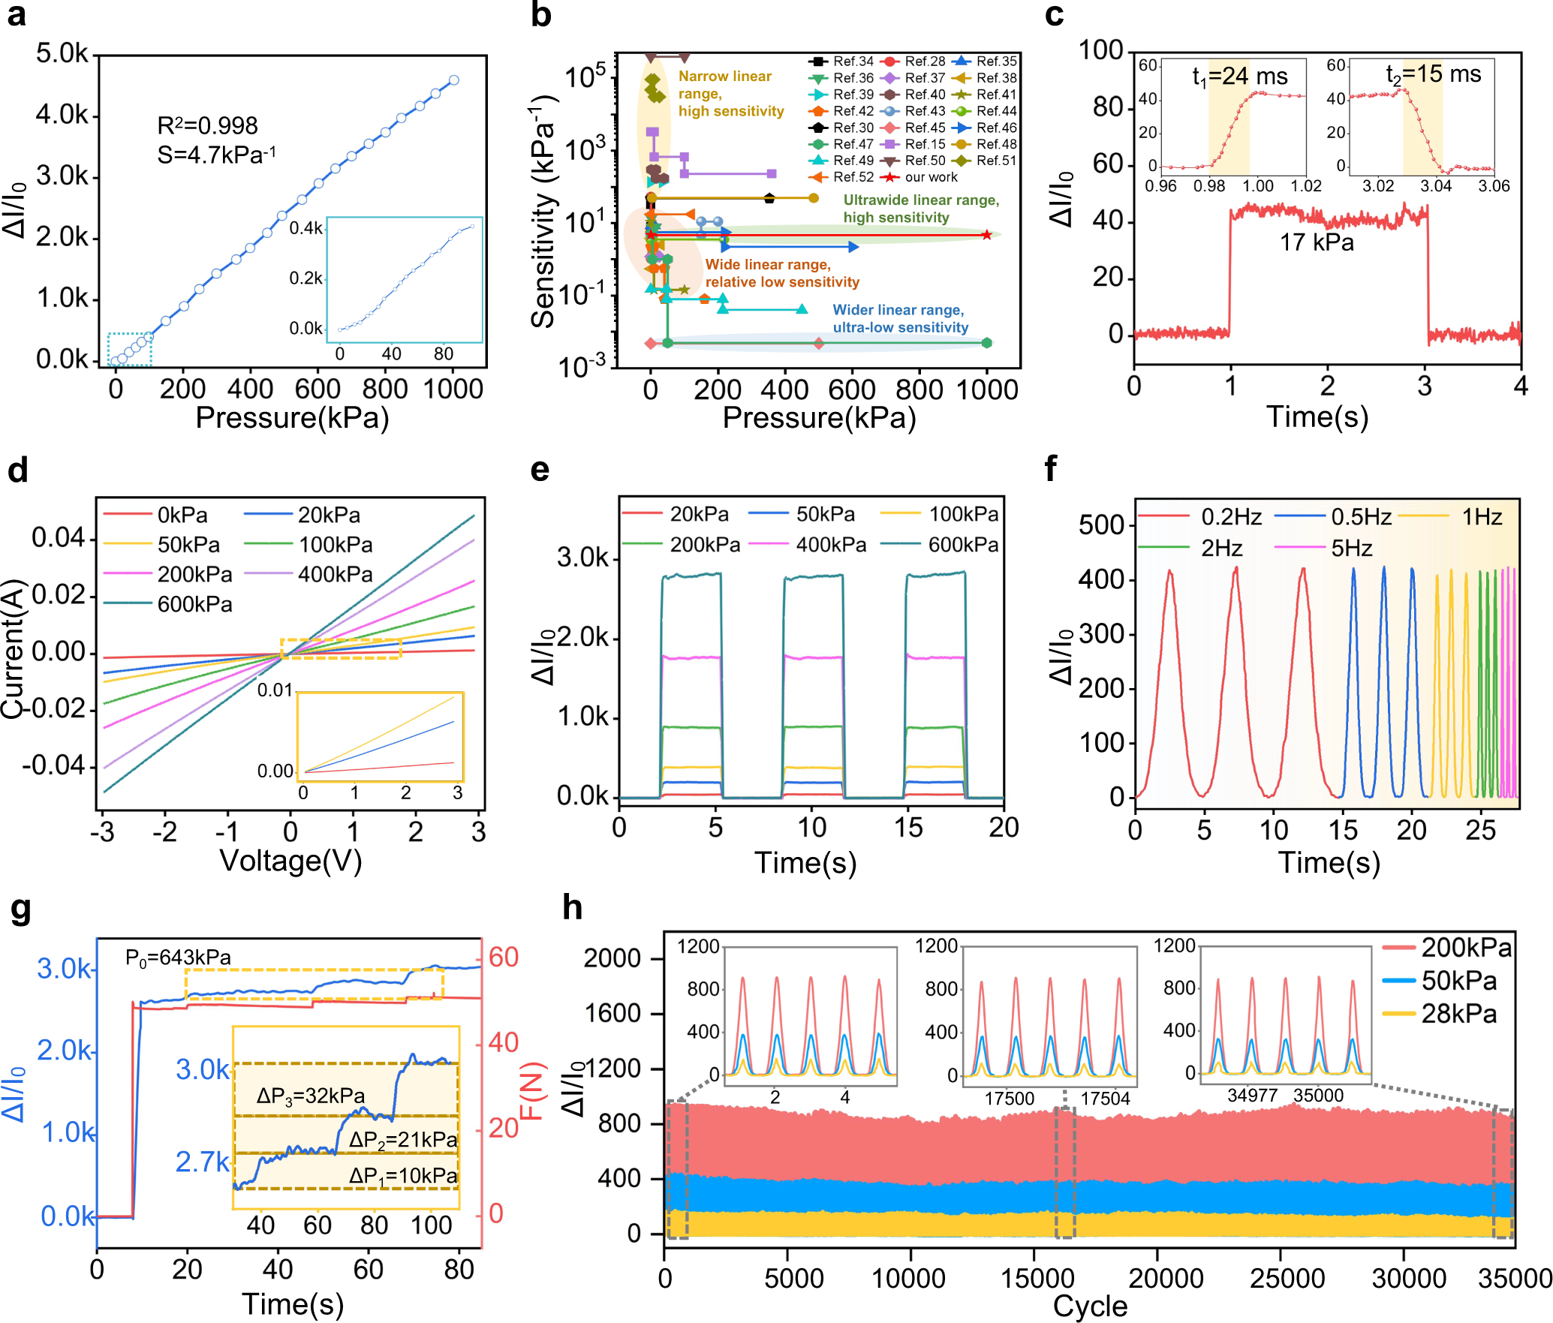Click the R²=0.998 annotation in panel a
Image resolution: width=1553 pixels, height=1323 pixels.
207,125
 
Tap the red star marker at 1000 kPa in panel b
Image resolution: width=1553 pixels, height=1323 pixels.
986,235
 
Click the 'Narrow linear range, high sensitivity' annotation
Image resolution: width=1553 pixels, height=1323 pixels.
730,94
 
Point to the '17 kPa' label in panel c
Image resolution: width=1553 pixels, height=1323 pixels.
1317,242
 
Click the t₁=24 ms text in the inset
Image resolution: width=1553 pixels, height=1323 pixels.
1239,77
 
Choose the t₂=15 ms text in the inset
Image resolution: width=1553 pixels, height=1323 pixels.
1433,74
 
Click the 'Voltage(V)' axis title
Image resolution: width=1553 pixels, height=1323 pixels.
290,861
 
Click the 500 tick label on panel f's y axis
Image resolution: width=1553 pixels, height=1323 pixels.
1102,525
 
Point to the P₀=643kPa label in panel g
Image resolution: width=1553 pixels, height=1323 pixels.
178,958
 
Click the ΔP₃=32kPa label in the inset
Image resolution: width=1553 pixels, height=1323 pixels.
310,1096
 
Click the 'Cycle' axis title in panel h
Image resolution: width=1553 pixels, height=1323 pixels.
1090,1306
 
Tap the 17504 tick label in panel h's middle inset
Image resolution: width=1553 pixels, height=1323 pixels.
1104,1099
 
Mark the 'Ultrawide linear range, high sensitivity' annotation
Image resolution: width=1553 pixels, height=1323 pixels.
921,209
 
